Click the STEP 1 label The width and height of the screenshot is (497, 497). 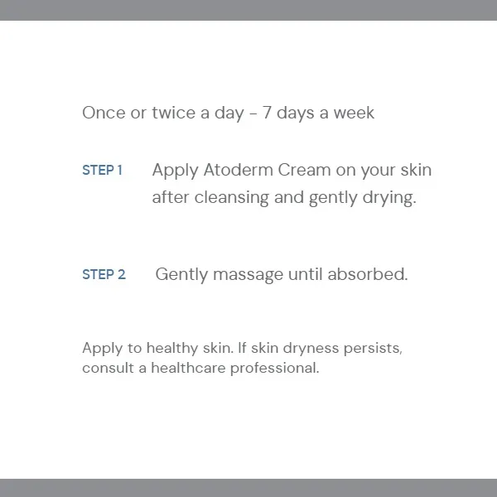[103, 171]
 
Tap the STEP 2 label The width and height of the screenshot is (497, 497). [104, 275]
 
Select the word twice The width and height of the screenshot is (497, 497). [172, 113]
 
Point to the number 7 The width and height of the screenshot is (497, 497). [268, 113]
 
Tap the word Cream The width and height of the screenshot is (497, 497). [306, 171]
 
